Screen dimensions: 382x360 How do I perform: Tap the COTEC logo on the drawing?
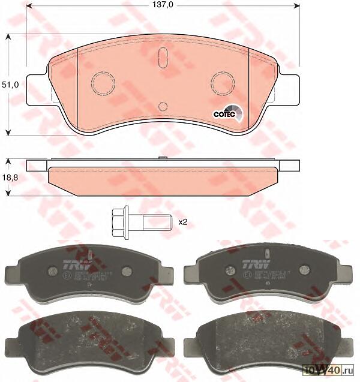(x=227, y=113)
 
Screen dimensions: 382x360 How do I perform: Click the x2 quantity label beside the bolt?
(x=183, y=221)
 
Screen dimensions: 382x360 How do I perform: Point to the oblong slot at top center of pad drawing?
(x=162, y=58)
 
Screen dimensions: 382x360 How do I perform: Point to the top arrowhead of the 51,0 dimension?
(x=7, y=37)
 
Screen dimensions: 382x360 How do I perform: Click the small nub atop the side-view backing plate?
(x=162, y=158)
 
